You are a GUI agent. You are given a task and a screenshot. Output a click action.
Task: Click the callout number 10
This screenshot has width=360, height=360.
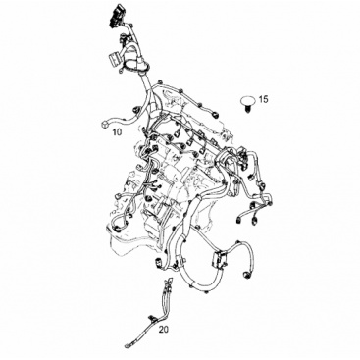(117, 132)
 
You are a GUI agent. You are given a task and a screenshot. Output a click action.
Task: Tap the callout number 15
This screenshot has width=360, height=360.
(263, 99)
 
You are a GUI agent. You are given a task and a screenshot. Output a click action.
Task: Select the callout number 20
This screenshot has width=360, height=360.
(164, 330)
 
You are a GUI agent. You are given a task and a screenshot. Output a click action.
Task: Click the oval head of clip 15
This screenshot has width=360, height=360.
(247, 100)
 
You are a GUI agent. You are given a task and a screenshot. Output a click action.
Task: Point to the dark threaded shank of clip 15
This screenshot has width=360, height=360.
(247, 108)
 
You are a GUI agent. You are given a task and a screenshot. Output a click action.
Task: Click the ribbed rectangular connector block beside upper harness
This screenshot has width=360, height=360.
(113, 60)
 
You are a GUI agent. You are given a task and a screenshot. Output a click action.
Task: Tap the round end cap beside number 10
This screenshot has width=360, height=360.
(104, 124)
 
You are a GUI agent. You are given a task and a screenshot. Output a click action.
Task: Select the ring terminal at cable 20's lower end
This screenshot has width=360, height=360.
(129, 343)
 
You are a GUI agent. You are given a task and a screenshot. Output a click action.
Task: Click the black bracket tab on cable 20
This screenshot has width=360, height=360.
(151, 318)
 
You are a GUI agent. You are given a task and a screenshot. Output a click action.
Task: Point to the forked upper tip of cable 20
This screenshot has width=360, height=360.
(169, 281)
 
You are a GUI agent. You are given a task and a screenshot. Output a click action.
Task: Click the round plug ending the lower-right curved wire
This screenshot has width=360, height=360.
(246, 275)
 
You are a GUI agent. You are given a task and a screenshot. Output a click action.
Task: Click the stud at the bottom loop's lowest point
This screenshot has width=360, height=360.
(204, 291)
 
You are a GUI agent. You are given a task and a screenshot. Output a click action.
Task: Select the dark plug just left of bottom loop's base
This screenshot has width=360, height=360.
(158, 263)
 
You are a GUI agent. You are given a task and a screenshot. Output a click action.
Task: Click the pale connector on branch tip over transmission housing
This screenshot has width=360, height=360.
(118, 197)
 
